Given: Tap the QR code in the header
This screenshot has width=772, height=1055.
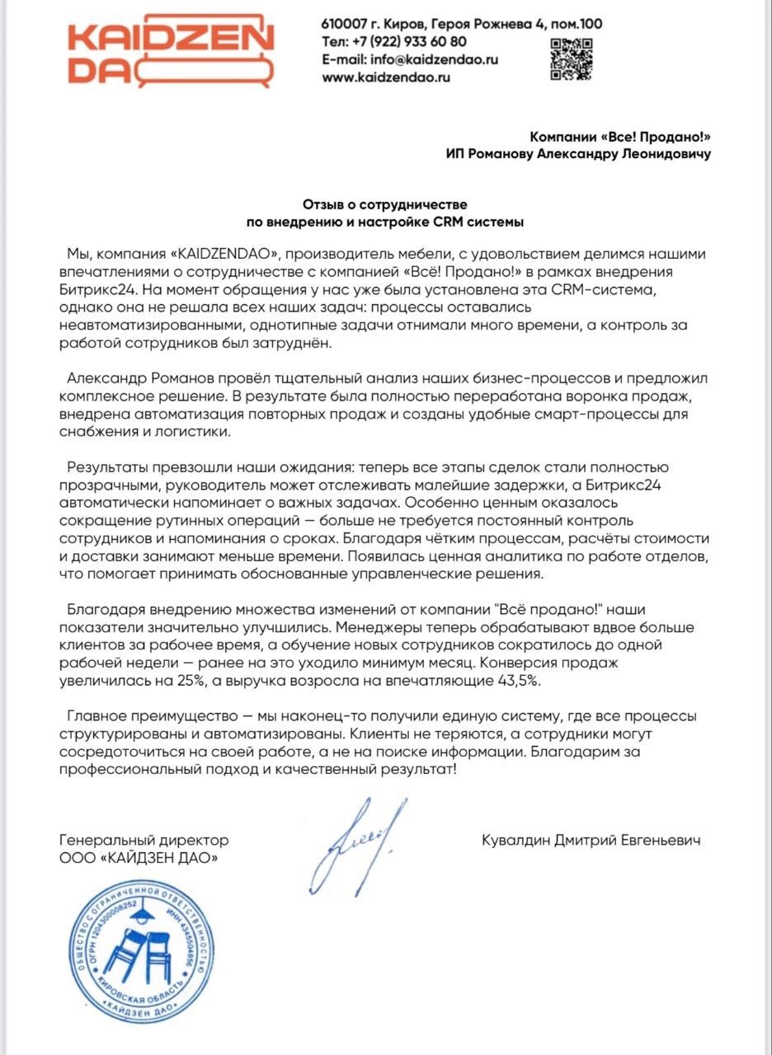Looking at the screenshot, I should point(571,59).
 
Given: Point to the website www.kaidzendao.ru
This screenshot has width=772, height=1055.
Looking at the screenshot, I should point(386,77).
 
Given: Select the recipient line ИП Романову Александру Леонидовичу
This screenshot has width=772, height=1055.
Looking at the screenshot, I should point(577,154).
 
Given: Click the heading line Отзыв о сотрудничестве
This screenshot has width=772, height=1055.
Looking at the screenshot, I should point(385,204).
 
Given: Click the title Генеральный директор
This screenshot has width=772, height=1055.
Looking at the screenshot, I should point(144,841).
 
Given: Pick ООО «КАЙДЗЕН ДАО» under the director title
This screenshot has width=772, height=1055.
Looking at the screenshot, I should point(141,859).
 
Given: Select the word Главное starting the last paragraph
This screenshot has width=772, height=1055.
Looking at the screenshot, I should point(95,716).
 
